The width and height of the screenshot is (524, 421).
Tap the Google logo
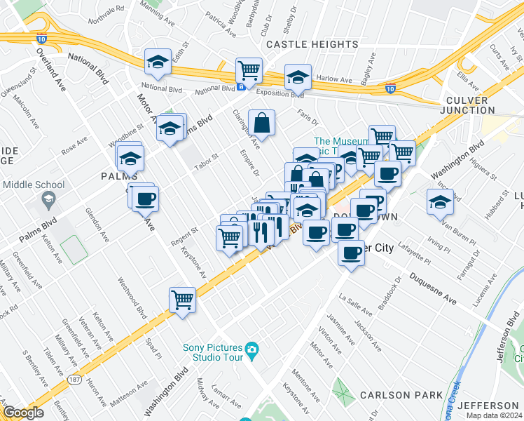click(x=23, y=413)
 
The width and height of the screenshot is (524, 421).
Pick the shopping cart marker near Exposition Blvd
click(x=249, y=71)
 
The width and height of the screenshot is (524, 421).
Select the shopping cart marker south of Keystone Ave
click(x=182, y=300)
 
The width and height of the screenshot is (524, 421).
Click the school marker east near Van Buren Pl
click(x=440, y=202)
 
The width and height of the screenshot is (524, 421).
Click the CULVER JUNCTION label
click(x=469, y=105)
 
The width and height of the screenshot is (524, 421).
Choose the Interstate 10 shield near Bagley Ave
click(x=390, y=88)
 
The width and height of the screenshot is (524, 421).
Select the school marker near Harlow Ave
click(x=298, y=77)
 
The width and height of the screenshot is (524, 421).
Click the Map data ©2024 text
click(x=495, y=415)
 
